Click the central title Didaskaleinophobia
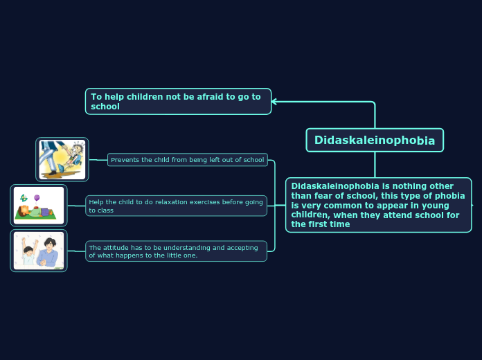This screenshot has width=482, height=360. (x=375, y=141)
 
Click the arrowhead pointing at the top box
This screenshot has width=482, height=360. (x=275, y=102)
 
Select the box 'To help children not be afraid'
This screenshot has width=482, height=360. (x=178, y=101)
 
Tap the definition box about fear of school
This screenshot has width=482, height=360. (x=378, y=205)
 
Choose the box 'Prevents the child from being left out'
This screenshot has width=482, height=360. (x=187, y=160)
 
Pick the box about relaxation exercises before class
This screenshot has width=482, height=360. (x=176, y=206)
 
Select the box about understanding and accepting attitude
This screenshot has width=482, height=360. (x=176, y=251)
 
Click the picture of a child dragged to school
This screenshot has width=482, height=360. (x=62, y=159)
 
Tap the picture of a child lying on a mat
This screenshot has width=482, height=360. (x=39, y=206)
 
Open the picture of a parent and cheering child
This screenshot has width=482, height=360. (x=39, y=251)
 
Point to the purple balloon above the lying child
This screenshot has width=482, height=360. (x=37, y=198)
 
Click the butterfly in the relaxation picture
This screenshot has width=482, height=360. (x=24, y=198)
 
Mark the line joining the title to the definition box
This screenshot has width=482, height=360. (x=375, y=165)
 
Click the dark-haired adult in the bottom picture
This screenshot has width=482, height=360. (x=50, y=251)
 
